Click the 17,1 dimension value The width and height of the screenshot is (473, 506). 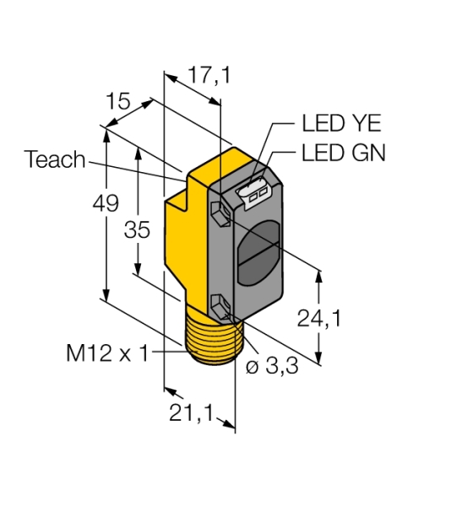tap(209, 75)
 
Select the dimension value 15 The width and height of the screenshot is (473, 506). tap(118, 101)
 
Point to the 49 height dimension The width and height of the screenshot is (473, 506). tap(106, 203)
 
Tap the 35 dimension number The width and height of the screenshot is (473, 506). tap(137, 229)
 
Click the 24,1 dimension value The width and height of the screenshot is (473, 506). tap(319, 319)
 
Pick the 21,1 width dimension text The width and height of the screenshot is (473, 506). tap(192, 412)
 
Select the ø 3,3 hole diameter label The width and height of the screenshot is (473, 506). tap(272, 366)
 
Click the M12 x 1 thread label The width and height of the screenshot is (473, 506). tap(107, 353)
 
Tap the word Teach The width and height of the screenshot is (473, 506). tap(55, 159)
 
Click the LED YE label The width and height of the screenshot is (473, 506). tap(341, 123)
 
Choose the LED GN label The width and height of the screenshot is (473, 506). tap(344, 153)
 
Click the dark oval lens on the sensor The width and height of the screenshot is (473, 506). tap(258, 252)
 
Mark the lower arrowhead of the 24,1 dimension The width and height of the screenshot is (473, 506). tap(318, 358)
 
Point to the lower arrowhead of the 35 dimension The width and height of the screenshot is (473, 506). tap(138, 269)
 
